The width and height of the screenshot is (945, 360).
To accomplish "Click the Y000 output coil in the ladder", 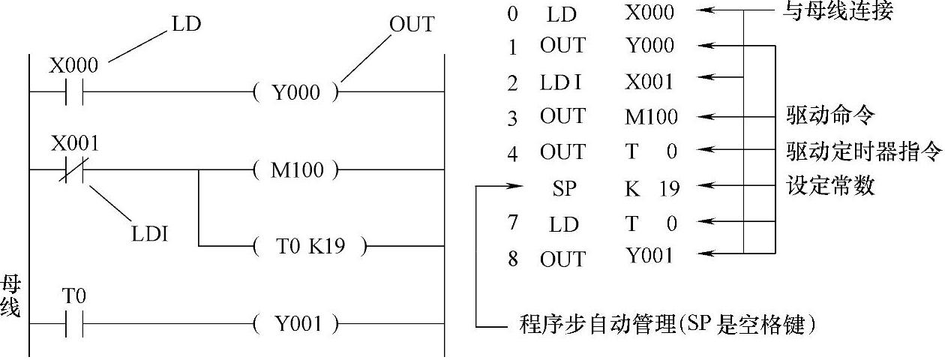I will [x=296, y=93].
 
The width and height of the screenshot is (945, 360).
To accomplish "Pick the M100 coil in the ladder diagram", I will [x=296, y=170].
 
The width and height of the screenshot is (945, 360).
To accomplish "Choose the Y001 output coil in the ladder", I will [x=296, y=325].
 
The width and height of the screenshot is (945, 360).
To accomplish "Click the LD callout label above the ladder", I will [x=186, y=24].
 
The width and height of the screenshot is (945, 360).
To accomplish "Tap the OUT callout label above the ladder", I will [x=411, y=24].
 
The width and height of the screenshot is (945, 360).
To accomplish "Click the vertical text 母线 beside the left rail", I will [x=10, y=297].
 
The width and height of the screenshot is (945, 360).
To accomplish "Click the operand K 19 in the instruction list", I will [x=652, y=187].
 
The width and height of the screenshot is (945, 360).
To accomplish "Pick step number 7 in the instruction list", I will [x=512, y=223].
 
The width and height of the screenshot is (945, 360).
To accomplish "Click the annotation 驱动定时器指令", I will [x=862, y=151].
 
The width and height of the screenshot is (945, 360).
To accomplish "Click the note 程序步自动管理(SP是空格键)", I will [x=667, y=325].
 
